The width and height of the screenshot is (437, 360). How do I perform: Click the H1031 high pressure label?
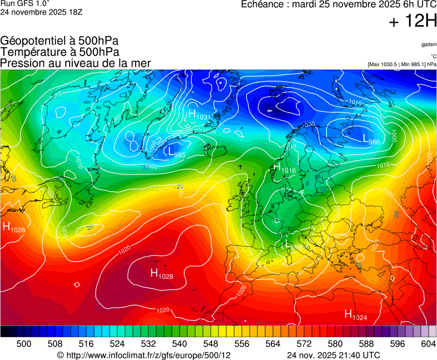[199, 114]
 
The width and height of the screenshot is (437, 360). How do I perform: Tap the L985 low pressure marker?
[176, 152]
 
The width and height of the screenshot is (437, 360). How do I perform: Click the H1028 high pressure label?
[162, 273]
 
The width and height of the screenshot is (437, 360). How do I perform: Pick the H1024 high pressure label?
[356, 315]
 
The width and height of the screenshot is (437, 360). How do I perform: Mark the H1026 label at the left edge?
[14, 227]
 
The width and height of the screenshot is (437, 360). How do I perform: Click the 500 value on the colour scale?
[24, 344]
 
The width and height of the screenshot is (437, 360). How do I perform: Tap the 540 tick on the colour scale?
[180, 344]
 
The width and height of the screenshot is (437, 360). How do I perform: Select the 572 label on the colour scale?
[304, 344]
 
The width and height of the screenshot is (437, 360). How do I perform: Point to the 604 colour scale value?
[428, 344]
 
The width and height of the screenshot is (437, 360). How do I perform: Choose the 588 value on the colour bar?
[366, 344]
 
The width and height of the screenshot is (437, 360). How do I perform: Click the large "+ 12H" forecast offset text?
[413, 22]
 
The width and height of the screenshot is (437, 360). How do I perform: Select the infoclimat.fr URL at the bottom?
[147, 355]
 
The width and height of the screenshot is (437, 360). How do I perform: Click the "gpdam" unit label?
[429, 44]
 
